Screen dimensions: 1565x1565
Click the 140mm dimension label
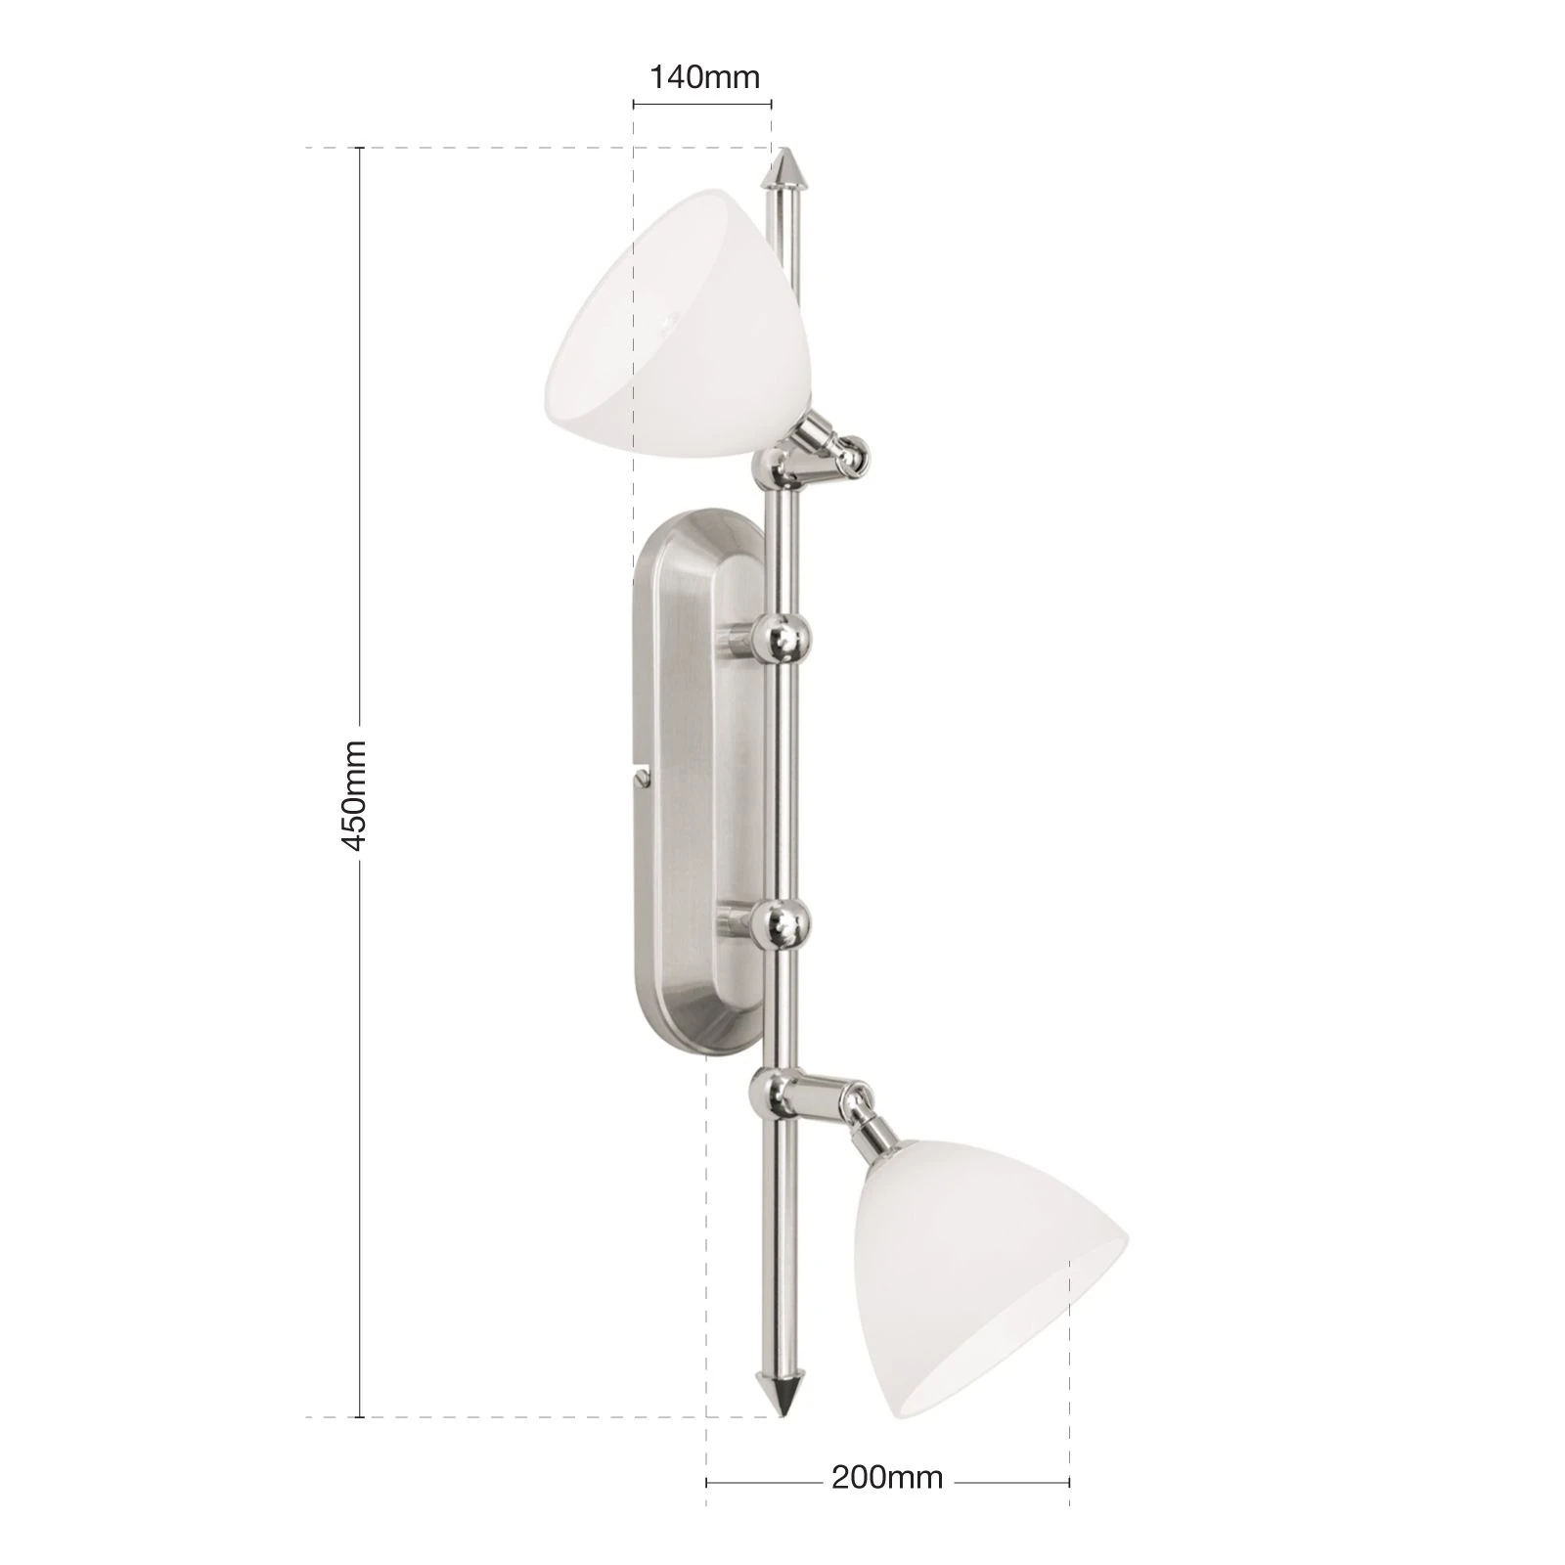704,77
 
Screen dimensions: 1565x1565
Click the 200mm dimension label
886,1476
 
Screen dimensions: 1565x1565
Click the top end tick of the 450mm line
360,148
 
